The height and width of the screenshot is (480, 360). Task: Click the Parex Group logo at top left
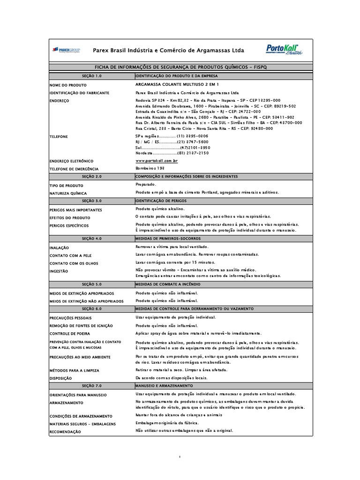(x=66, y=50)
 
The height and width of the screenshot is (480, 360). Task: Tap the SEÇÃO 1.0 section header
(x=91, y=75)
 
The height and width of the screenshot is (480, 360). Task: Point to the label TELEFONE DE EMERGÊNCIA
(x=74, y=169)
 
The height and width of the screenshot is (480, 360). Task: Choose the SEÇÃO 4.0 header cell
(x=91, y=238)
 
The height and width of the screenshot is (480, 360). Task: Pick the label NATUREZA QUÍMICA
(x=68, y=193)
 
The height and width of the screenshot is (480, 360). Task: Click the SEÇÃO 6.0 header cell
(x=91, y=309)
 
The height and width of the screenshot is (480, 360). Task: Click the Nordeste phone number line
(x=172, y=153)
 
